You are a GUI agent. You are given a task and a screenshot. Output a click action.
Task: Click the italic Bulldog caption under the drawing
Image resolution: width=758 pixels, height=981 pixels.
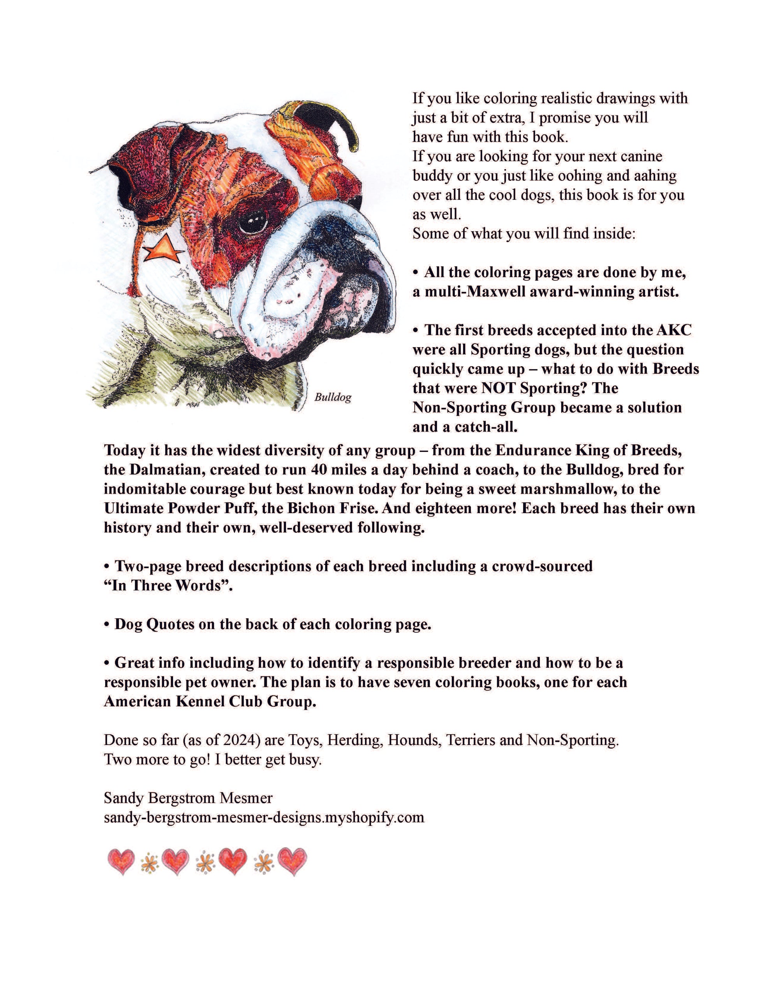(x=333, y=397)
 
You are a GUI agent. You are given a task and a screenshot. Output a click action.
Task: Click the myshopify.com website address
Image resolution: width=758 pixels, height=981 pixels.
(x=264, y=817)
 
